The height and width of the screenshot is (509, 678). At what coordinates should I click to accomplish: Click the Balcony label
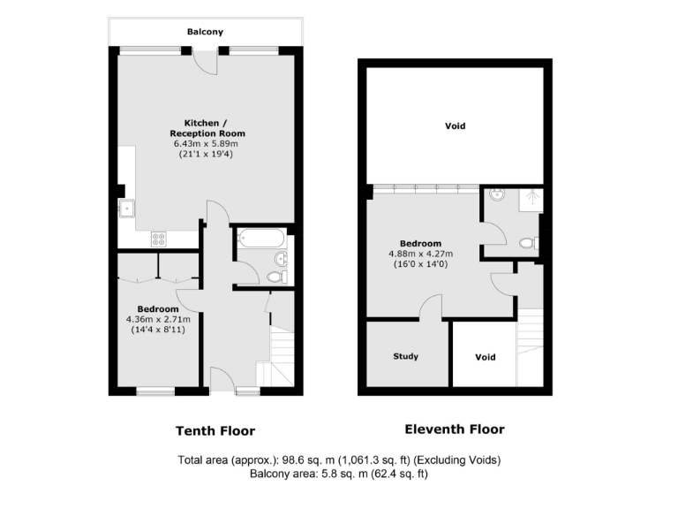click(x=205, y=32)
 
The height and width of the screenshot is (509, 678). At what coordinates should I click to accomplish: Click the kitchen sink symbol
click(x=127, y=209)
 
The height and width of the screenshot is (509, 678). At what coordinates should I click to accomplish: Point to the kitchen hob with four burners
click(x=160, y=238)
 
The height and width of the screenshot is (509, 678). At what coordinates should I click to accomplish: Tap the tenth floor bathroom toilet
click(x=275, y=277)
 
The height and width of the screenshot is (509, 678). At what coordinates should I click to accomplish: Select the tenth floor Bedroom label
click(x=158, y=308)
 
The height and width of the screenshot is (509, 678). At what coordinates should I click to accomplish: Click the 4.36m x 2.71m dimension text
click(x=158, y=319)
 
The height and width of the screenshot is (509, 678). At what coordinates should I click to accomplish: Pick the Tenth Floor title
click(x=215, y=431)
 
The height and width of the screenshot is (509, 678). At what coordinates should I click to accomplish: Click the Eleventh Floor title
click(x=455, y=429)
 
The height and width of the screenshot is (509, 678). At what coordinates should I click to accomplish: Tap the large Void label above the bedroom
click(x=456, y=126)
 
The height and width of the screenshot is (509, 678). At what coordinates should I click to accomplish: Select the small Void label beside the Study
click(x=485, y=358)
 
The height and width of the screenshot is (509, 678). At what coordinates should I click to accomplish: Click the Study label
click(x=406, y=357)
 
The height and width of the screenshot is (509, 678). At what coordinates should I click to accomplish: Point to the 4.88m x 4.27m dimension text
click(x=421, y=254)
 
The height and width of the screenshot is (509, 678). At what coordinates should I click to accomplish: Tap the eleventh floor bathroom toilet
click(x=529, y=243)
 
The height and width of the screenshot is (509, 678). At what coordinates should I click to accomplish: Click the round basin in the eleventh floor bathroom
click(x=495, y=196)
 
